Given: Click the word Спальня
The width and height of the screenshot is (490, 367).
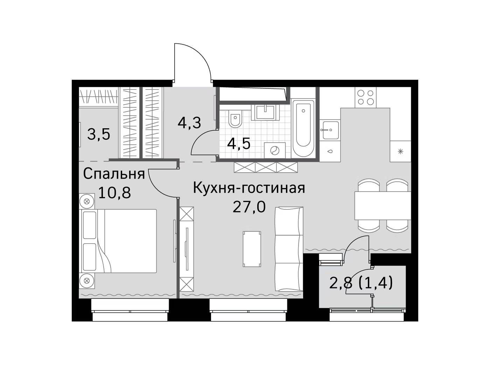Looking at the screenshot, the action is pyautogui.click(x=114, y=174).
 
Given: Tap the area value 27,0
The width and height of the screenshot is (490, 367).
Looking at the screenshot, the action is pyautogui.click(x=249, y=207).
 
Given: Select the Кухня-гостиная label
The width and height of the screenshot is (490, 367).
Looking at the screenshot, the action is pyautogui.click(x=249, y=188).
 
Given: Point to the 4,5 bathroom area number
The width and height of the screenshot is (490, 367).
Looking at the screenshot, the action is pyautogui.click(x=239, y=144).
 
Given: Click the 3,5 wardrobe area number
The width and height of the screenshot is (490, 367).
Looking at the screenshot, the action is pyautogui.click(x=99, y=134).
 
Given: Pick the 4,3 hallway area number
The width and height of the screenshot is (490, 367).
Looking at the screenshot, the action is pyautogui.click(x=189, y=122).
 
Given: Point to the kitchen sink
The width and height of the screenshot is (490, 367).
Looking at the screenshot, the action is pyautogui.click(x=329, y=130).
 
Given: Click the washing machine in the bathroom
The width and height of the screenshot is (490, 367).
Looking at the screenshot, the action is pyautogui.click(x=275, y=151).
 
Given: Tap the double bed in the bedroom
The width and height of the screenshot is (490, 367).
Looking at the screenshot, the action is pyautogui.click(x=119, y=241).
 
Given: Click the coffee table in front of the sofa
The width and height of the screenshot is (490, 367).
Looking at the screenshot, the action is pyautogui.click(x=252, y=249).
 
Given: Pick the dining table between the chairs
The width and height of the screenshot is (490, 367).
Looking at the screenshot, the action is pyautogui.click(x=383, y=206).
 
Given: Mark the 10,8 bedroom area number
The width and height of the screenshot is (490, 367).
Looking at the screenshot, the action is pyautogui.click(x=114, y=193).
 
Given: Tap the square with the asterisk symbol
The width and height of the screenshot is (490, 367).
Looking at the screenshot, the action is pyautogui.click(x=400, y=152).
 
